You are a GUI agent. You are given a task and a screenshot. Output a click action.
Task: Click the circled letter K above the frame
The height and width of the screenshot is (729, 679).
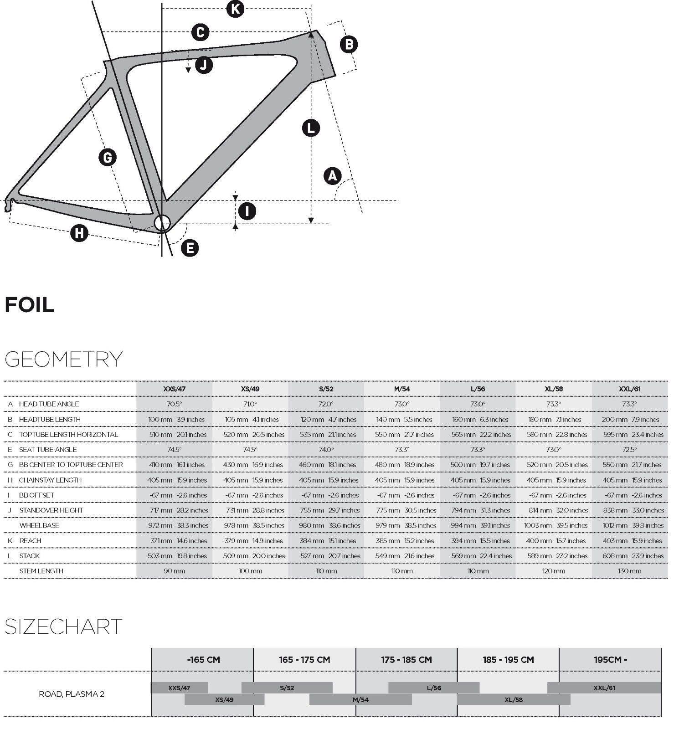(235, 9)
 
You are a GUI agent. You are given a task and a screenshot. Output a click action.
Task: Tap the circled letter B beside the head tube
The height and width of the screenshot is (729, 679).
(349, 44)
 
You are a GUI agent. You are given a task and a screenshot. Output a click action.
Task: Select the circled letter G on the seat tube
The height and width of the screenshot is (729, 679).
(108, 158)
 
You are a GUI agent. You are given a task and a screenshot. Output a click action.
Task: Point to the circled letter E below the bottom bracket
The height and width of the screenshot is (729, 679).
(190, 248)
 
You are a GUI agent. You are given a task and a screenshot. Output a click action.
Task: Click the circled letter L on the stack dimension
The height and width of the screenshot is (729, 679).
(311, 128)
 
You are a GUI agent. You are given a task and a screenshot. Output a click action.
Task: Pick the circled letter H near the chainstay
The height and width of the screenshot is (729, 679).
(79, 233)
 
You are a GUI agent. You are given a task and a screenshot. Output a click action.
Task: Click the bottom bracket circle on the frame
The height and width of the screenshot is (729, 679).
(162, 223)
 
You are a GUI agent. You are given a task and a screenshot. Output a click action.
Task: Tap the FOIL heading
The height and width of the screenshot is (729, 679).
(30, 305)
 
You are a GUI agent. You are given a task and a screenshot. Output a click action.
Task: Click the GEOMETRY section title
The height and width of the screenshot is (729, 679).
(63, 359)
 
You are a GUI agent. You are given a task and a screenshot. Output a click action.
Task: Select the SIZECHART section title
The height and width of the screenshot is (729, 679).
(63, 626)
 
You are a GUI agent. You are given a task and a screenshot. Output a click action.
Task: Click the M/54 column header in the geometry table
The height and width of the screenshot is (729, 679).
(402, 389)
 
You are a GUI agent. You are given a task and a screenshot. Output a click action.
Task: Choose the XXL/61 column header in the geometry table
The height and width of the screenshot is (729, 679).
(629, 389)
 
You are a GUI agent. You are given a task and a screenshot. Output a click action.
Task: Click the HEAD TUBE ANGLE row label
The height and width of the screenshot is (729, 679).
(49, 404)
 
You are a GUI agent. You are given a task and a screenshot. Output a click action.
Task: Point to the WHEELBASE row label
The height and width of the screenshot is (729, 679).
(39, 525)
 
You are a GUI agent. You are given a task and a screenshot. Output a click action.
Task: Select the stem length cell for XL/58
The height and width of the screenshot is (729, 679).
(554, 571)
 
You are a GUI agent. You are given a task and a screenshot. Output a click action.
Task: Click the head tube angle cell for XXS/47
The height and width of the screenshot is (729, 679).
(174, 404)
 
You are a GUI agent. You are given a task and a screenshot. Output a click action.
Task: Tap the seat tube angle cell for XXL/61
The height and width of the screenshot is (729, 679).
(629, 450)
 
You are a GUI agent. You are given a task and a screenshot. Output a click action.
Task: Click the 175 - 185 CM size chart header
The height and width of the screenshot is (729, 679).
(406, 660)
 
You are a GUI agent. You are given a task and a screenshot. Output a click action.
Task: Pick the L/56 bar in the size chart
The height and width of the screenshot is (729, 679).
(434, 688)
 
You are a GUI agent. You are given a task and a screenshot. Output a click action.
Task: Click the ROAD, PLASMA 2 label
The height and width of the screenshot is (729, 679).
(72, 694)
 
